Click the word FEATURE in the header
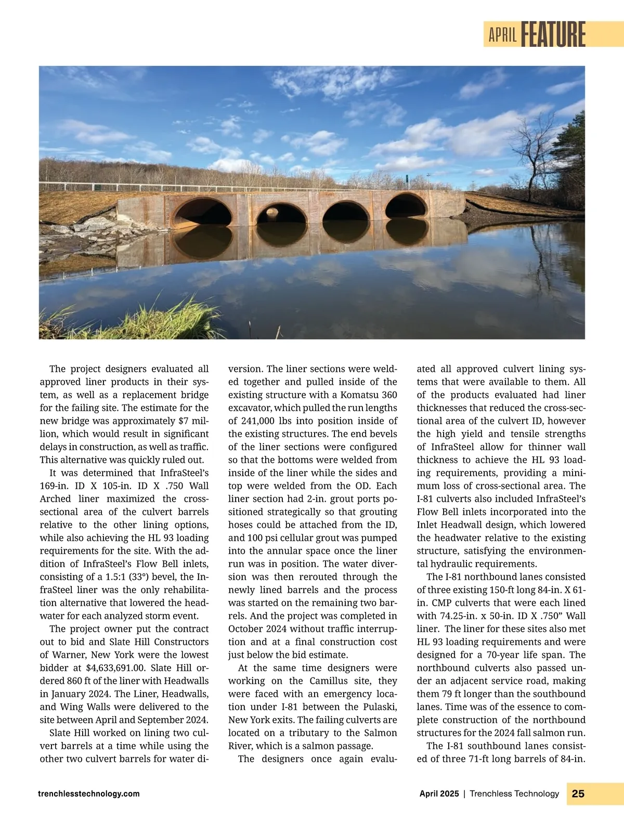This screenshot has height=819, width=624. [x=553, y=34]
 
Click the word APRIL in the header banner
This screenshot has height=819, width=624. [x=502, y=35]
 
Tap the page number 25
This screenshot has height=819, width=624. [x=578, y=794]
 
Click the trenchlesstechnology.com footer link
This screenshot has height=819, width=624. [x=89, y=794]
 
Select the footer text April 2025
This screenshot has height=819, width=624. [x=439, y=794]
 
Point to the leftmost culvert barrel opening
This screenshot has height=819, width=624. [x=202, y=213]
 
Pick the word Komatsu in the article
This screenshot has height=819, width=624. [x=360, y=395]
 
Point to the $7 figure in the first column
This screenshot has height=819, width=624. [x=185, y=421]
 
